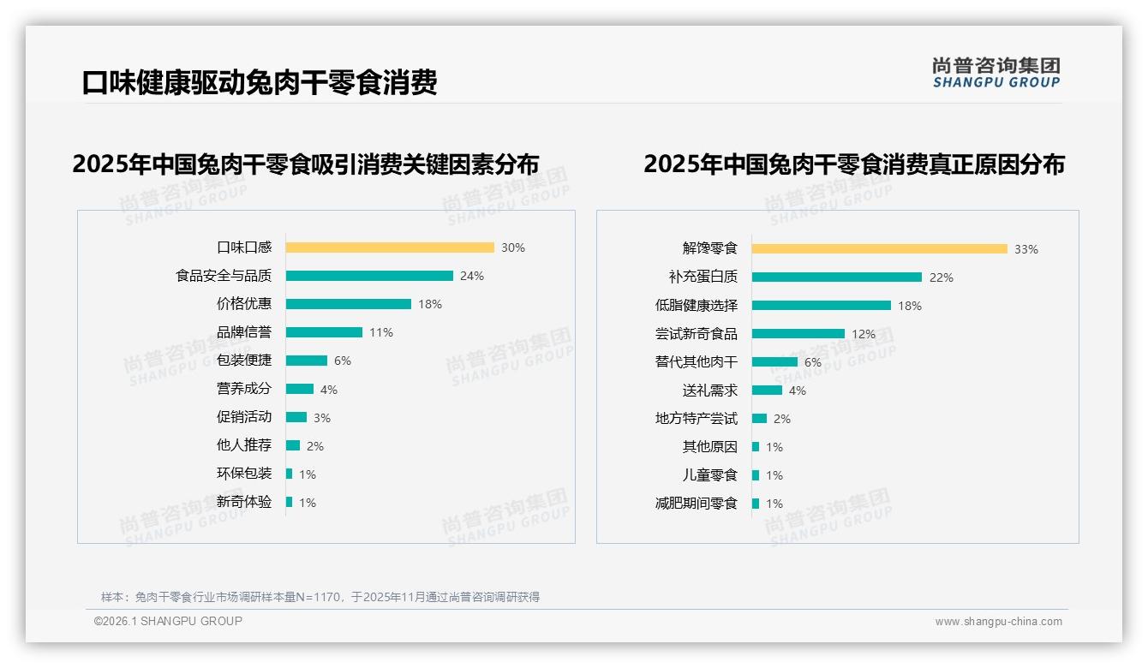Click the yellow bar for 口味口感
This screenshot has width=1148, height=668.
pyautogui.click(x=390, y=248)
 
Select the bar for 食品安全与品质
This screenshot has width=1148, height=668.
pyautogui.click(x=369, y=276)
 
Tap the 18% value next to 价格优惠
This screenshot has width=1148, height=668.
pyautogui.click(x=430, y=304)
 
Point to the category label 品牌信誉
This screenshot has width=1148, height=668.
pyautogui.click(x=244, y=332)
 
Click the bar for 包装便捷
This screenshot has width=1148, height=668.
pyautogui.click(x=307, y=361)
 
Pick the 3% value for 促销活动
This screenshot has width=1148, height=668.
pyautogui.click(x=322, y=418)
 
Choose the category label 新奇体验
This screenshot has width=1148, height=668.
pyautogui.click(x=244, y=502)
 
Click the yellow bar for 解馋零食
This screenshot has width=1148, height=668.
pyautogui.click(x=880, y=249)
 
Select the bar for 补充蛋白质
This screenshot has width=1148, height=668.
pyautogui.click(x=837, y=277)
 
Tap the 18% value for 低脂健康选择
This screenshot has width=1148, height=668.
pyautogui.click(x=910, y=306)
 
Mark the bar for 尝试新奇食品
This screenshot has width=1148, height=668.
pyautogui.click(x=798, y=334)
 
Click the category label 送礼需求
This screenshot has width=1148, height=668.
pyautogui.click(x=709, y=391)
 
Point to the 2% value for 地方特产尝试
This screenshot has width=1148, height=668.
pyautogui.click(x=782, y=419)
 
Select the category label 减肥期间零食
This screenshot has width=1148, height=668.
pyautogui.click(x=696, y=504)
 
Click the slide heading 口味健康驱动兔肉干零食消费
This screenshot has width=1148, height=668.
pyautogui.click(x=260, y=82)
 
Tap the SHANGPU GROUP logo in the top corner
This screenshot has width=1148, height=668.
pyautogui.click(x=996, y=73)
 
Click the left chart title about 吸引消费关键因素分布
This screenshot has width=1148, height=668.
pyautogui.click(x=306, y=164)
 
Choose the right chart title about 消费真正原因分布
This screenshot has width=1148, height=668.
pyautogui.click(x=853, y=164)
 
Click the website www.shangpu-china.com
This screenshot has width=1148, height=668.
pyautogui.click(x=998, y=622)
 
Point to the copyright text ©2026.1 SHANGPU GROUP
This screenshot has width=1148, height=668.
pyautogui.click(x=168, y=621)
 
